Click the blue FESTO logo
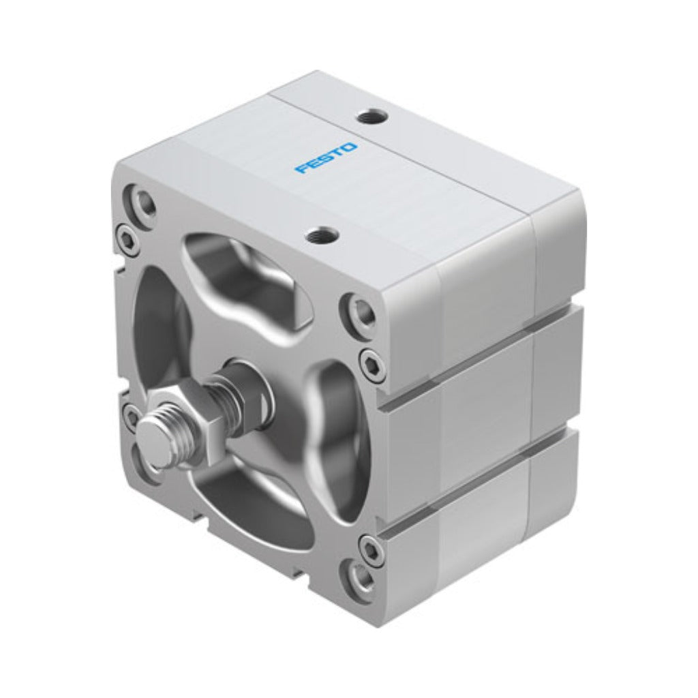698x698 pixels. [327, 157]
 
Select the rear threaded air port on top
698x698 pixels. [373, 118]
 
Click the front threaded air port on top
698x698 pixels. [322, 234]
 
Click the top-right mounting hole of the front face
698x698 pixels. [361, 309]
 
